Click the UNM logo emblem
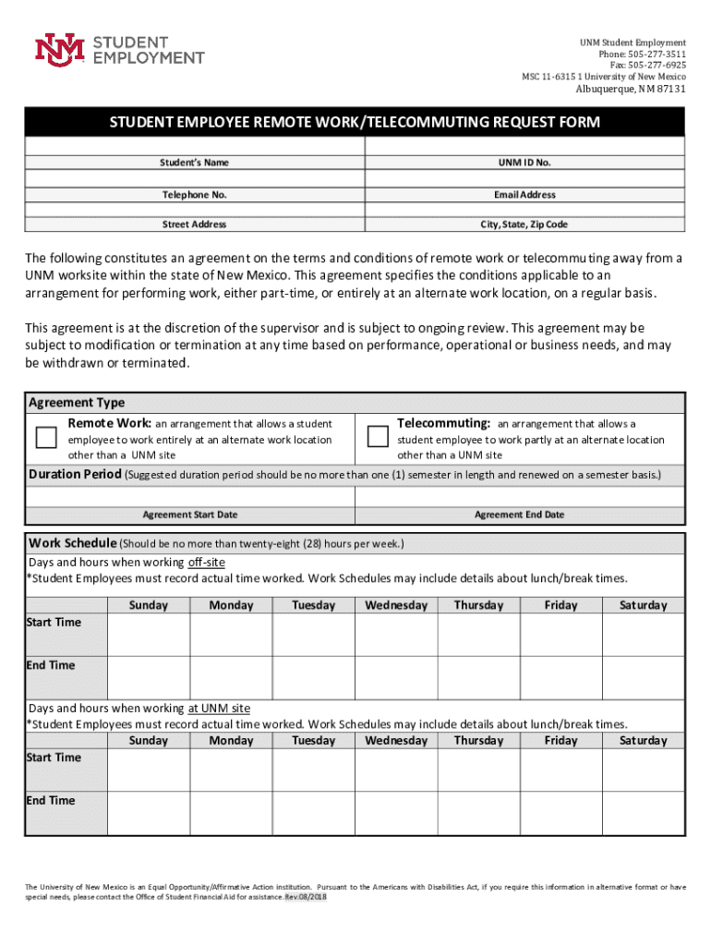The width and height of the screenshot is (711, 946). (x=60, y=51)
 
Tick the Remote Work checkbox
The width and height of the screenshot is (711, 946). (x=46, y=437)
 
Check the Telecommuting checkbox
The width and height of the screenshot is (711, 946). (x=378, y=437)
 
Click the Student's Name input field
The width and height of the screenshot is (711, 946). (x=195, y=147)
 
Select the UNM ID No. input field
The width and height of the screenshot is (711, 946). (x=525, y=147)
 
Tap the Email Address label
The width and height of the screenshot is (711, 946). (x=524, y=195)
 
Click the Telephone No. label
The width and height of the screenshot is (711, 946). (x=195, y=195)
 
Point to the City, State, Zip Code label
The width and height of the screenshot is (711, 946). (x=524, y=224)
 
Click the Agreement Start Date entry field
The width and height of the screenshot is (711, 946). (x=189, y=496)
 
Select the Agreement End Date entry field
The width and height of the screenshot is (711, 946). (x=519, y=496)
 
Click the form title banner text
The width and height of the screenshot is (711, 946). (x=355, y=122)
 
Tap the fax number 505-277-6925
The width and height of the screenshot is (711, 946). (x=654, y=66)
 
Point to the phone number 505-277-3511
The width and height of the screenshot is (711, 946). (x=654, y=55)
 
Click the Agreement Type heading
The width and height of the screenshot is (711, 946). (x=78, y=403)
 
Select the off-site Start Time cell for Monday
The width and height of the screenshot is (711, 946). (x=230, y=635)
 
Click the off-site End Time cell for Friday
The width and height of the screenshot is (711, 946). (x=560, y=678)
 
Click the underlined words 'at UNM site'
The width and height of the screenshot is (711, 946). (x=219, y=709)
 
